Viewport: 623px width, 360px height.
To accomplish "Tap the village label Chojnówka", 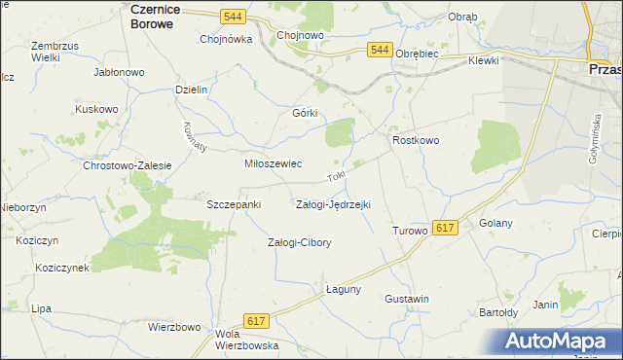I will (226, 40).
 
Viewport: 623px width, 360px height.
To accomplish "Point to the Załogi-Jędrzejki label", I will (333, 204).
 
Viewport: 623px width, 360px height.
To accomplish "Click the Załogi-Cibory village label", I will (300, 242).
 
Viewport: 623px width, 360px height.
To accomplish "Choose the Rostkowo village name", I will (417, 141).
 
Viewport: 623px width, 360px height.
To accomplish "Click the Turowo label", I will (410, 232).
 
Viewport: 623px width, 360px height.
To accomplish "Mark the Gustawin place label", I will (407, 298).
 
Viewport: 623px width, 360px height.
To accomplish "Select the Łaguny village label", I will (344, 289).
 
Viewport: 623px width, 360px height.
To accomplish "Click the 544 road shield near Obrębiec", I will (381, 50).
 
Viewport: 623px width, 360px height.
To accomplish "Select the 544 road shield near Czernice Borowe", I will (232, 17).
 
